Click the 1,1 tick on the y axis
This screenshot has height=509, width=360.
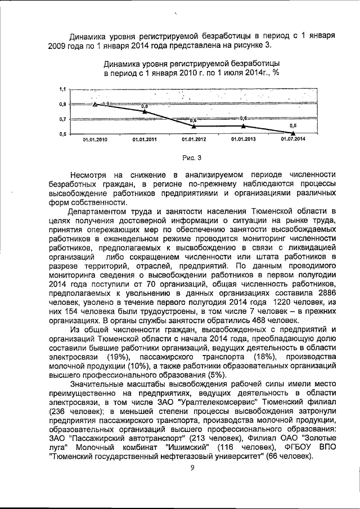62,89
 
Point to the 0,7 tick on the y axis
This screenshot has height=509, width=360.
62,119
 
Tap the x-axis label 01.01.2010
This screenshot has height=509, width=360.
94,139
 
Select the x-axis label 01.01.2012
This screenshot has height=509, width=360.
193,139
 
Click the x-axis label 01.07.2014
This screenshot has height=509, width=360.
293,139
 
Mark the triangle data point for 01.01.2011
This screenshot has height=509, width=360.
145,111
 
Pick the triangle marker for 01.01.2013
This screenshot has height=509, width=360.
243,126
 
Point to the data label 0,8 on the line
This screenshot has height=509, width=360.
145,106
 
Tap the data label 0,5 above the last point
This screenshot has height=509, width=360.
292,126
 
